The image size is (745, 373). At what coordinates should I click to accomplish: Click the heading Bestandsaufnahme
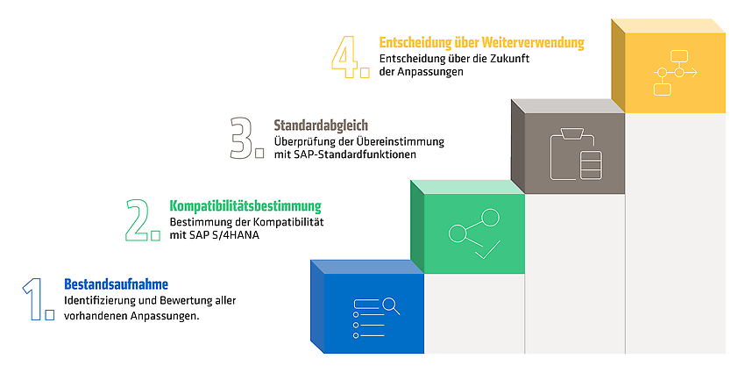[x=116, y=284]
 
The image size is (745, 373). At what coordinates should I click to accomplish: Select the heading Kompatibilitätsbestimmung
[x=245, y=206]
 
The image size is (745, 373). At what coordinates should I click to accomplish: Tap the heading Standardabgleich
[x=321, y=126]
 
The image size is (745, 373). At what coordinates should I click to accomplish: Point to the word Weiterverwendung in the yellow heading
[x=533, y=43]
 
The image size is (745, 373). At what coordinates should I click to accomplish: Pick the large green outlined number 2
[x=138, y=219]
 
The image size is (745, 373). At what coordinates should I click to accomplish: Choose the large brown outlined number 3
[x=242, y=138]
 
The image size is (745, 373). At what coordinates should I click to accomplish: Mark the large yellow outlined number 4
[x=345, y=57]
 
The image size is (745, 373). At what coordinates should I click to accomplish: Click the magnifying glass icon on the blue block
[x=391, y=305]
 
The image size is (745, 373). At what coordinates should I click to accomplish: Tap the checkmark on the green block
[x=487, y=250]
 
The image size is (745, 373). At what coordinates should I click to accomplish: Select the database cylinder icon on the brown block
[x=591, y=165]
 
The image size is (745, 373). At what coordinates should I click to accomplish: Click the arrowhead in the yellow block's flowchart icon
[x=694, y=73]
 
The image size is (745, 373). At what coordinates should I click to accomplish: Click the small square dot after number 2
[x=155, y=235]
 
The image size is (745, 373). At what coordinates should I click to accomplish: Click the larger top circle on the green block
[x=490, y=218]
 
